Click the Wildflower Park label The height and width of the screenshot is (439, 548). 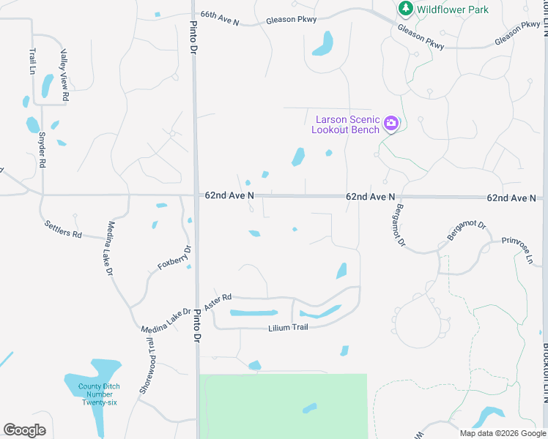pos(453,9)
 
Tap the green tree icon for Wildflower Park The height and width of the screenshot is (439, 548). pos(404,8)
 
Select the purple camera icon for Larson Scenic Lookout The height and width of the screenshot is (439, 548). pos(391,123)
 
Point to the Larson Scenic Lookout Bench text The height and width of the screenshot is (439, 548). pos(346,124)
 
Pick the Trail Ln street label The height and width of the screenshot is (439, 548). pos(33,61)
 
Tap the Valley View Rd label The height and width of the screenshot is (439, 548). pos(64,75)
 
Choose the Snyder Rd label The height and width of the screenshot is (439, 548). pos(42,150)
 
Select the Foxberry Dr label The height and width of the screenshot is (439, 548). pos(174,258)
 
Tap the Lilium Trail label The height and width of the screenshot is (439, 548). pos(289,327)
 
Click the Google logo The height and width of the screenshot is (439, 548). pos(24,430)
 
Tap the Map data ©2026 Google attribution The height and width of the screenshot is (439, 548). pos(503,433)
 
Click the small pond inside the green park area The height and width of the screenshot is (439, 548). pos(310,408)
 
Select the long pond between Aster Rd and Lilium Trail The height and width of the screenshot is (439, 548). pos(253,313)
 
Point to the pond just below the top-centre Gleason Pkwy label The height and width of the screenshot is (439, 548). pos(323,43)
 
